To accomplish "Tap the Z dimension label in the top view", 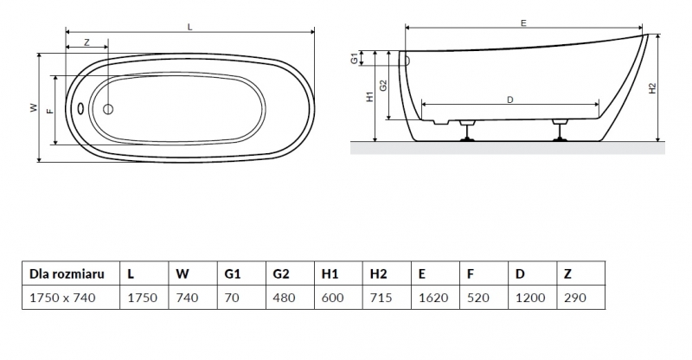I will [87, 42].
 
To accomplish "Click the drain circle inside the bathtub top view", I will [109, 109].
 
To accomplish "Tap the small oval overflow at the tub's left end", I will [80, 110].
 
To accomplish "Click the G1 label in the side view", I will [355, 59].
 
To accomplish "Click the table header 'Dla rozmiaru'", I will [67, 273].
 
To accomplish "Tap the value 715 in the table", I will [381, 298].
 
